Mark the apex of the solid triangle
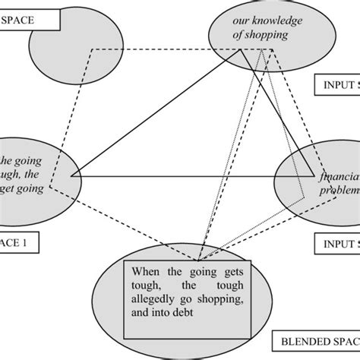tap(242, 50)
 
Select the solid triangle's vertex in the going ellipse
tap(71, 175)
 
